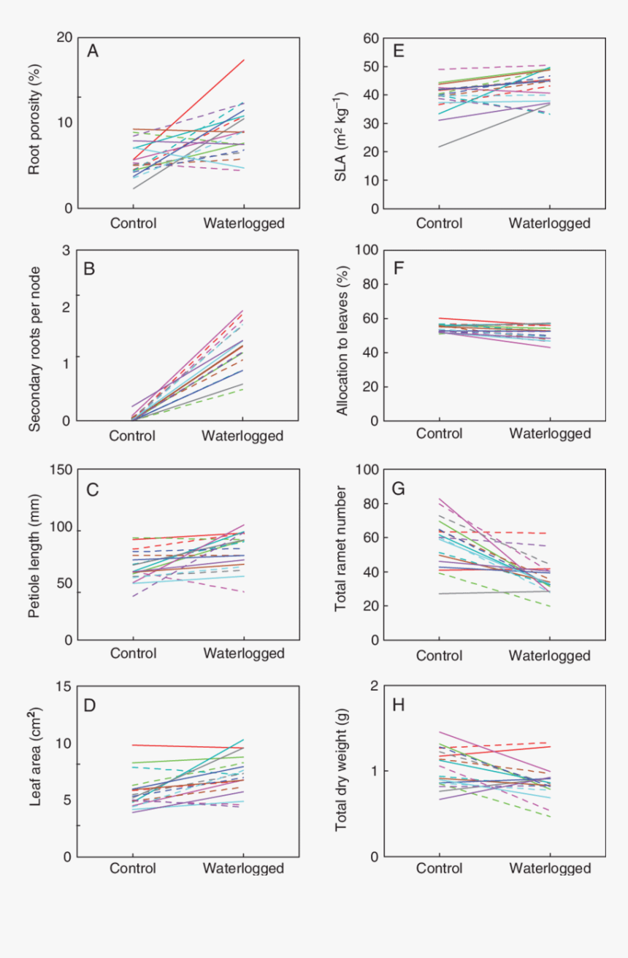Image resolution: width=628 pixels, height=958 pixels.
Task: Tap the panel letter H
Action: point(399,705)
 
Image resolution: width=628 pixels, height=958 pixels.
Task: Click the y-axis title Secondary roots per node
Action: point(34,337)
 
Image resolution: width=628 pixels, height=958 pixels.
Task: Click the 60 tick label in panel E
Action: point(371,37)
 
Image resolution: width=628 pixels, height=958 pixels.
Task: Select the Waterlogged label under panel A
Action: point(243,223)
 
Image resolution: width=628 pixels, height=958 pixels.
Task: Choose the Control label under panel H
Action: point(439,869)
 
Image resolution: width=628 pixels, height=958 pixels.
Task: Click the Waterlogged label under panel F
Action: point(549,434)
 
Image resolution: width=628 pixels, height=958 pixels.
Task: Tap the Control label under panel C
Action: point(133,653)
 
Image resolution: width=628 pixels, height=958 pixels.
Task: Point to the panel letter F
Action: point(399,269)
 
